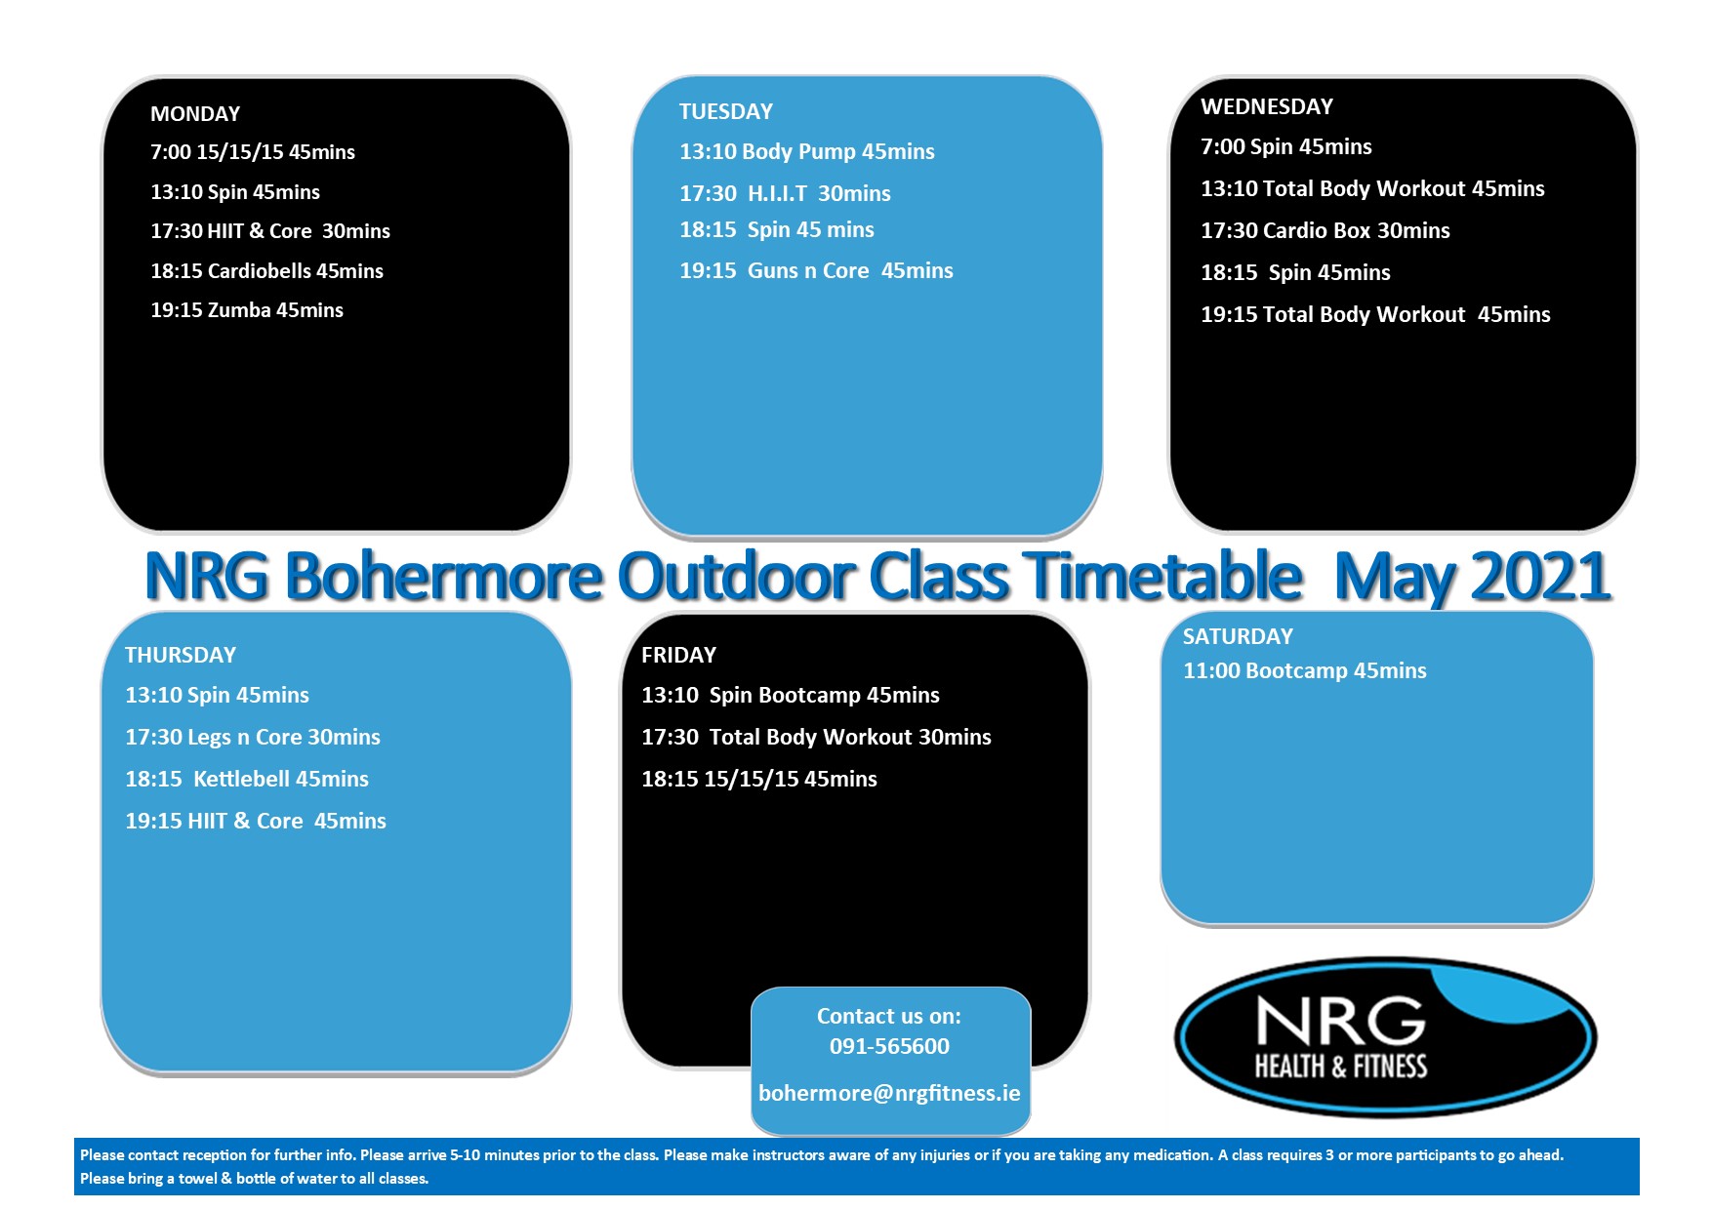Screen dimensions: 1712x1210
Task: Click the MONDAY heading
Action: [x=195, y=114]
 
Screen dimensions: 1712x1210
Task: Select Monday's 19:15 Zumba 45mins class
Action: [x=247, y=310]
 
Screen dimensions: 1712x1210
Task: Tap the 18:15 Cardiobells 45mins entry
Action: [x=266, y=271]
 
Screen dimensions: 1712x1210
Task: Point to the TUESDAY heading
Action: [x=726, y=112]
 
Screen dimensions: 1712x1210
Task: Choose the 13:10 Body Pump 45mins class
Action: [x=807, y=152]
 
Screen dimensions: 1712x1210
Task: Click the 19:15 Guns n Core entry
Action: [x=816, y=271]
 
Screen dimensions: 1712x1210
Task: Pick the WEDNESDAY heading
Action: [x=1267, y=107]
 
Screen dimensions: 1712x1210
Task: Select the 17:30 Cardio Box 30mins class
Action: [x=1325, y=231]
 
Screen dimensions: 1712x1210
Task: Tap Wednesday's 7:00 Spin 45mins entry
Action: [x=1286, y=147]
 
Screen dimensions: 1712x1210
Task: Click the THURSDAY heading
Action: [x=181, y=656]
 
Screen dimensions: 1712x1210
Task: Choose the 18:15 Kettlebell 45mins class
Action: [x=247, y=780]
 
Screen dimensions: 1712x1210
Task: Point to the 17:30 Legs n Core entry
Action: [x=253, y=738]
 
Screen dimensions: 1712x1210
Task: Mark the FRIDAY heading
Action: [x=678, y=656]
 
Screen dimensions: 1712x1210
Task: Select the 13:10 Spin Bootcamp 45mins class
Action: [x=791, y=696]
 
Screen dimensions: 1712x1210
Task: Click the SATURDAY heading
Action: [x=1238, y=637]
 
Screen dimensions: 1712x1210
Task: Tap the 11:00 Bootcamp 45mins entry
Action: [x=1305, y=671]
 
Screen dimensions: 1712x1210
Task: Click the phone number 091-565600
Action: [x=889, y=1047]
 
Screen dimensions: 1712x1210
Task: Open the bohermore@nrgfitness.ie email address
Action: [x=889, y=1094]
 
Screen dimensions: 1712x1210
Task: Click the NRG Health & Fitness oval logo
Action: [x=1385, y=1037]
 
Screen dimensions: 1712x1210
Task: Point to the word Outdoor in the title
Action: [x=737, y=576]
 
